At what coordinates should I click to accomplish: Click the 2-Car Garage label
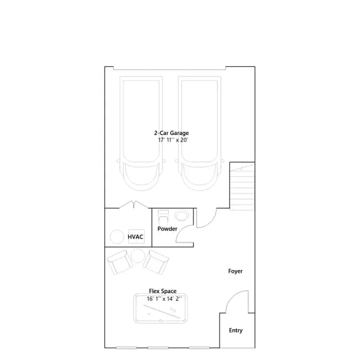(x=171, y=133)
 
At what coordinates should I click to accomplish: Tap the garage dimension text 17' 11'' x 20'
(x=173, y=140)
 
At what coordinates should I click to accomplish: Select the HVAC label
(x=136, y=237)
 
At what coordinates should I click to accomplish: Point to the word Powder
(x=167, y=229)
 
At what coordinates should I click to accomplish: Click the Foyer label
(x=235, y=271)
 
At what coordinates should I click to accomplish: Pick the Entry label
(x=236, y=330)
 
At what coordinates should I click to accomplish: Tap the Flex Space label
(x=163, y=291)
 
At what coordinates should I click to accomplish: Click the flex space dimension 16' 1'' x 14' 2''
(x=164, y=299)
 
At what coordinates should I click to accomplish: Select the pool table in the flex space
(x=160, y=308)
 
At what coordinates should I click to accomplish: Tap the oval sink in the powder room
(x=182, y=215)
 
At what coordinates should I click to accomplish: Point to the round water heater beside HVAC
(x=117, y=237)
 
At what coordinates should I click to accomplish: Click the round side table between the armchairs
(x=138, y=256)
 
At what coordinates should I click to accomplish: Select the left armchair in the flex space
(x=120, y=262)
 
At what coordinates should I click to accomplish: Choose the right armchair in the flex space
(x=156, y=262)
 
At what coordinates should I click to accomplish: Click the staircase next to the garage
(x=242, y=186)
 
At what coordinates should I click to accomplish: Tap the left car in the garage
(x=141, y=133)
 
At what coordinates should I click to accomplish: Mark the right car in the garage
(x=200, y=133)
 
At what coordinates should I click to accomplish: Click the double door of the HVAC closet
(x=134, y=205)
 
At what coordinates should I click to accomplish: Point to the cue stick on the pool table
(x=161, y=312)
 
